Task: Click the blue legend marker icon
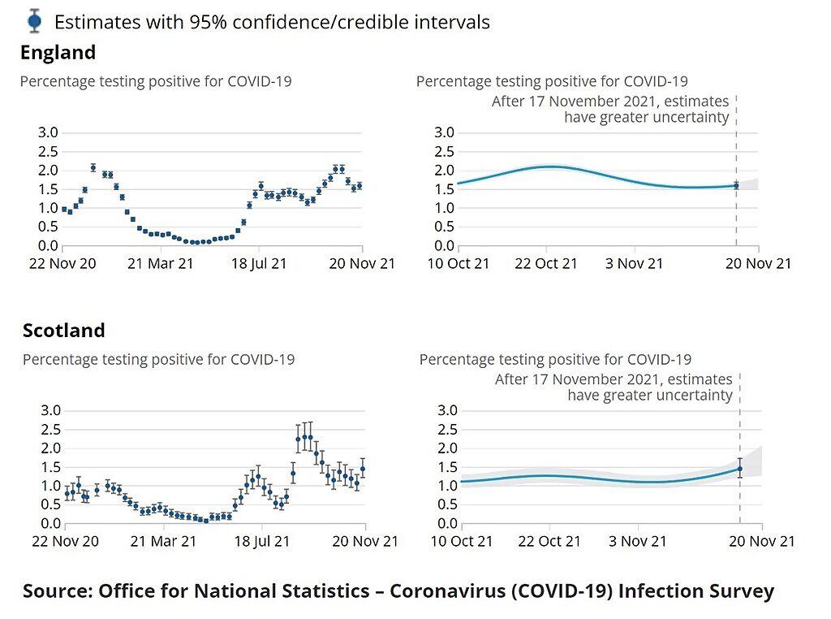34,21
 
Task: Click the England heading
58,53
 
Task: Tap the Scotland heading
63,331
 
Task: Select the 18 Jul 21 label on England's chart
259,264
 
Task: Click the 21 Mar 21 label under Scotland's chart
163,542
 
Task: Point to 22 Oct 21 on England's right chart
546,264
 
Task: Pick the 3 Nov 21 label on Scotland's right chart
638,542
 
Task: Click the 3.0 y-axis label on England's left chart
48,132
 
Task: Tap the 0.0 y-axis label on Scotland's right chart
447,523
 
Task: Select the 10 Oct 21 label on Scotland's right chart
462,542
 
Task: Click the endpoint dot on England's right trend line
736,186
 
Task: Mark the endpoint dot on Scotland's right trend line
740,469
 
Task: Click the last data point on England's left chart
360,186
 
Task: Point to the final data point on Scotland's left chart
363,469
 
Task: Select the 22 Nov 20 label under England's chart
62,264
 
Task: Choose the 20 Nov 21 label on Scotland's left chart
365,542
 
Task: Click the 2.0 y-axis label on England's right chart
444,171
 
